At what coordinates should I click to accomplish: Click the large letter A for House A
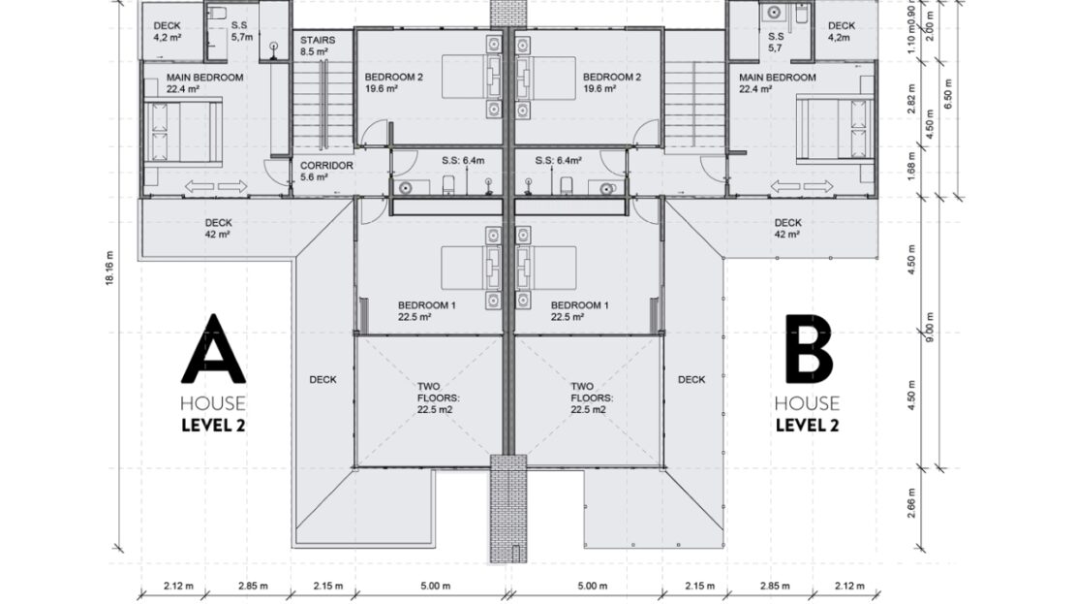[x=213, y=349]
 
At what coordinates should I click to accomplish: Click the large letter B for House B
[x=809, y=349]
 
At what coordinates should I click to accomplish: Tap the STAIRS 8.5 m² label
[x=318, y=46]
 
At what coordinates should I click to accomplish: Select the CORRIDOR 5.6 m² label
[x=326, y=171]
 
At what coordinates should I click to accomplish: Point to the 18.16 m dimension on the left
[x=109, y=269]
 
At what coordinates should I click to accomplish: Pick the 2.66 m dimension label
[x=911, y=503]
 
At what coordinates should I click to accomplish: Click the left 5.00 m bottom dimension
[x=435, y=586]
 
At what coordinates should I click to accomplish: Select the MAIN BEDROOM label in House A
[x=204, y=83]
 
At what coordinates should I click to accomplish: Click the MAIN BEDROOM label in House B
[x=777, y=83]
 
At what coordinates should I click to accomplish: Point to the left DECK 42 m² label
[x=218, y=228]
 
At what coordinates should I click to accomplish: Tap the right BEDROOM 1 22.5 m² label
[x=579, y=311]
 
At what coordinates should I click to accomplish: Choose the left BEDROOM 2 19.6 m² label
[x=393, y=82]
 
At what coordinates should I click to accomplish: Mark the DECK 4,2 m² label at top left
[x=167, y=32]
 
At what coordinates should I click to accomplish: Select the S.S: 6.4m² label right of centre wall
[x=558, y=161]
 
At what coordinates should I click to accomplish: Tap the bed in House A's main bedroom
[x=183, y=131]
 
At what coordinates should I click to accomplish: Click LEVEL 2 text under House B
[x=807, y=426]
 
